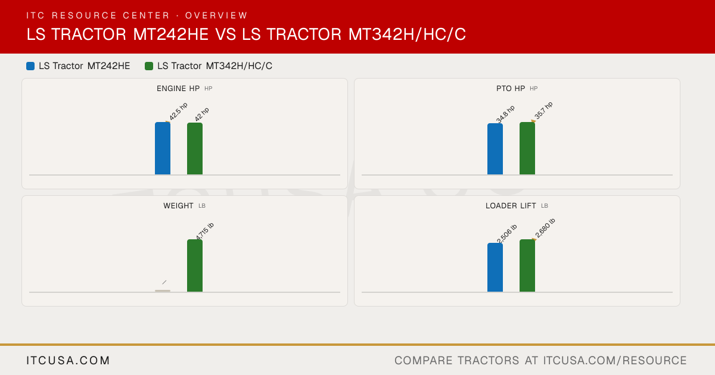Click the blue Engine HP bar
[163, 148]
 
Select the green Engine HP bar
[195, 149]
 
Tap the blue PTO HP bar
[495, 149]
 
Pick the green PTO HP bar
[527, 148]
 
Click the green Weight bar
[195, 265]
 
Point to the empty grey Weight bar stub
[163, 291]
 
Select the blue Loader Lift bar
[495, 267]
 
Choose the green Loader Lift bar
[527, 265]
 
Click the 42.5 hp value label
[178, 112]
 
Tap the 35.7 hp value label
[543, 111]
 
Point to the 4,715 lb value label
[204, 232]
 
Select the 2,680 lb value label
[545, 229]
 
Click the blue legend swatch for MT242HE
[30, 66]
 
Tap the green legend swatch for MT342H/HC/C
[149, 66]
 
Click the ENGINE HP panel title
[178, 89]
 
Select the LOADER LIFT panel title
[511, 206]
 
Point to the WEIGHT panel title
[178, 206]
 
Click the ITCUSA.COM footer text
[68, 360]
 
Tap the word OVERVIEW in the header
[216, 15]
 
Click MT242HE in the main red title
[171, 34]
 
